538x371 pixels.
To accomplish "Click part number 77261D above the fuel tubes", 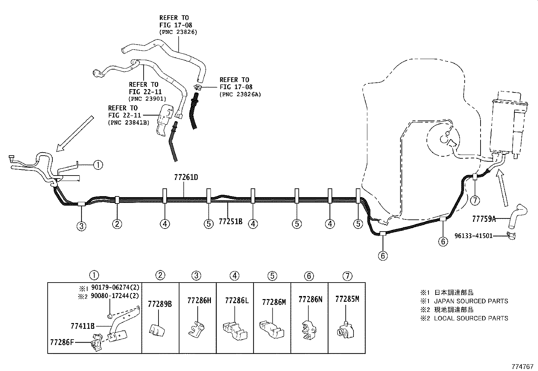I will pos(186,177).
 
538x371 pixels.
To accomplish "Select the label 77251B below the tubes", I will pos(230,222).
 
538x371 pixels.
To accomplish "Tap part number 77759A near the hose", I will pos(484,219).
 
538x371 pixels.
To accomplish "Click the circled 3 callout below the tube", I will pos(81,226).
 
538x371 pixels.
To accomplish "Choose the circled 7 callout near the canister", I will pos(475,201).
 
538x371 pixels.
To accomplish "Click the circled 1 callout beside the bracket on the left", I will pos(98,165).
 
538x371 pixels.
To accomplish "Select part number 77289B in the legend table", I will pos(160,304).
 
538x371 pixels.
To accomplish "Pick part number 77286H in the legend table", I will pos(199,300).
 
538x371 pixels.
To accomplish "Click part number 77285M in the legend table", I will pos(347,299).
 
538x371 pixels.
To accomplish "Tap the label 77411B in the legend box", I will pos(82,326).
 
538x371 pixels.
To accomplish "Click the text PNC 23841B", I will pos(128,123).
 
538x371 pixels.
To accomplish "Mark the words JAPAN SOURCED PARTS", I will pos(471,301).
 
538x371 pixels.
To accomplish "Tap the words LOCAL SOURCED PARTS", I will pos(471,318).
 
